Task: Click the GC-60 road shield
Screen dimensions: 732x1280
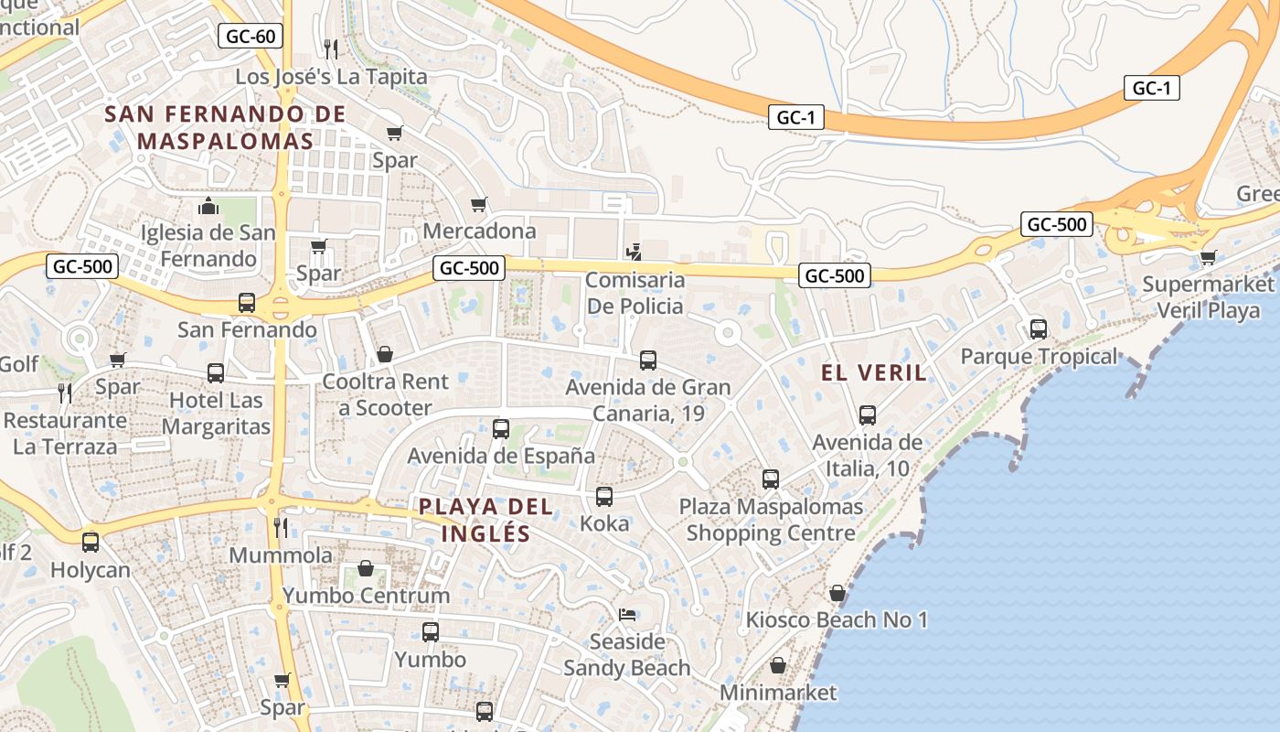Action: pos(251,37)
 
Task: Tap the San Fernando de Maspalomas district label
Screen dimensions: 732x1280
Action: pos(225,128)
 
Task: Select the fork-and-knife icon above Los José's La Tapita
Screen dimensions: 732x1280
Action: pos(331,48)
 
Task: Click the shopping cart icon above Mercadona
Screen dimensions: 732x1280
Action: pos(479,204)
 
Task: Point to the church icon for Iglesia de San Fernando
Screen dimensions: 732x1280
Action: pos(208,206)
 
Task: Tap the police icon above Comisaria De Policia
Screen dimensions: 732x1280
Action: pos(634,251)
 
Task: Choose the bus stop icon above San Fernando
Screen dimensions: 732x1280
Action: pos(247,303)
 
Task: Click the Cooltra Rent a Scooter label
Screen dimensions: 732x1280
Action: pos(385,394)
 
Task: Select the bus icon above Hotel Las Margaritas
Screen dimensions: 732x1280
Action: pos(216,373)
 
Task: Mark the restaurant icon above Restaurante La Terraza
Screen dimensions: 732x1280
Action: pos(65,393)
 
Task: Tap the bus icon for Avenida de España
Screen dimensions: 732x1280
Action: pos(501,428)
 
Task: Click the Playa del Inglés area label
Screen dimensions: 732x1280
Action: pos(485,520)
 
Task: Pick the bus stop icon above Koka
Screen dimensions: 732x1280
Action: pos(604,497)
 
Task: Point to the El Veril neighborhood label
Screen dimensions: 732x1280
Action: pos(874,372)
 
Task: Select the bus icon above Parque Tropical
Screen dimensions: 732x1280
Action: pos(1039,329)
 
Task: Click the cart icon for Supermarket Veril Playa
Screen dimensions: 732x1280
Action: pos(1208,257)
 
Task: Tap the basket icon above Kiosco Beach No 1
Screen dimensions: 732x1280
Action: pos(837,594)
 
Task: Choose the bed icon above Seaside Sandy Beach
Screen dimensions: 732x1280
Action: pos(627,614)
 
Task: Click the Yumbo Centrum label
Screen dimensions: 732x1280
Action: pos(366,596)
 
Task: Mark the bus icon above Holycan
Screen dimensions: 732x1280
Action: pos(91,542)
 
